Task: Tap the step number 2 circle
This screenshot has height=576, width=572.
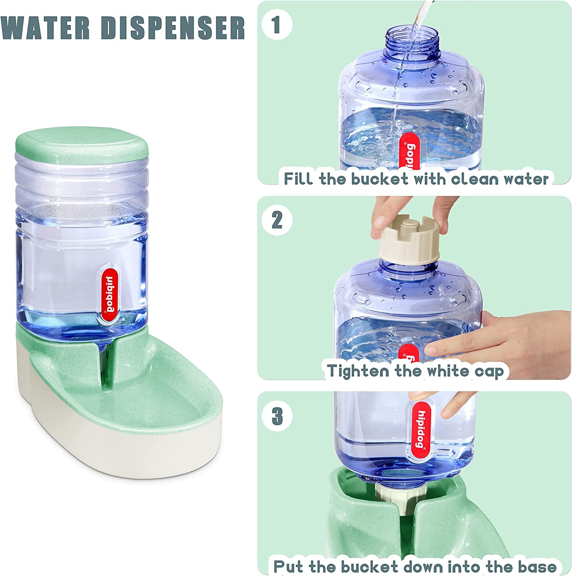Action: point(277,220)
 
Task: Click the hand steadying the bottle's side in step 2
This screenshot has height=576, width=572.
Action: point(460,334)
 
